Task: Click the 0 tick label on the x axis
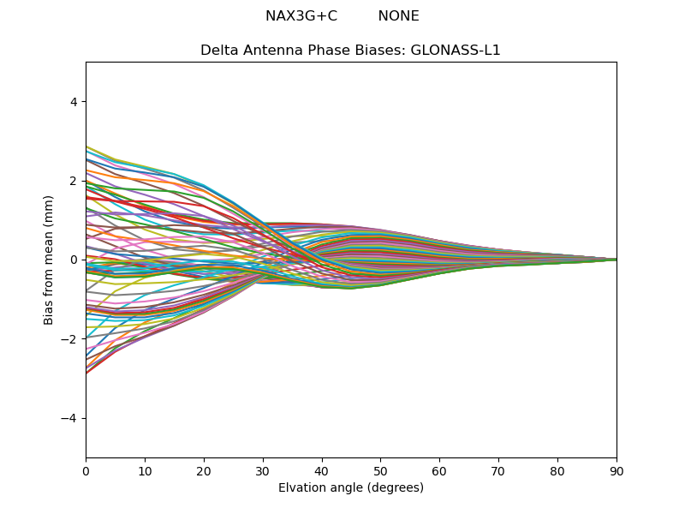86,470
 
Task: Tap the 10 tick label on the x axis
145,470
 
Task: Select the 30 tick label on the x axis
263,470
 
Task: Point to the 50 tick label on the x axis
380,470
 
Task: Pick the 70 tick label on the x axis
498,470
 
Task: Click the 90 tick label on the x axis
616,470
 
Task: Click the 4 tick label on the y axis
74,102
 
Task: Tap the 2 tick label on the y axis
74,181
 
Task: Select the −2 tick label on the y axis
70,339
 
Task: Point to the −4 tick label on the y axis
70,418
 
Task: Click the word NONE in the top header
398,16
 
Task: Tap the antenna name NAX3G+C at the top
301,16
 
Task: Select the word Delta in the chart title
217,51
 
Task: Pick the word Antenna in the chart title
268,51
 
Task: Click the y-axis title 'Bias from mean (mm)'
49,260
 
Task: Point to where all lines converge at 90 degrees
616,260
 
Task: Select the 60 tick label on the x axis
439,470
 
